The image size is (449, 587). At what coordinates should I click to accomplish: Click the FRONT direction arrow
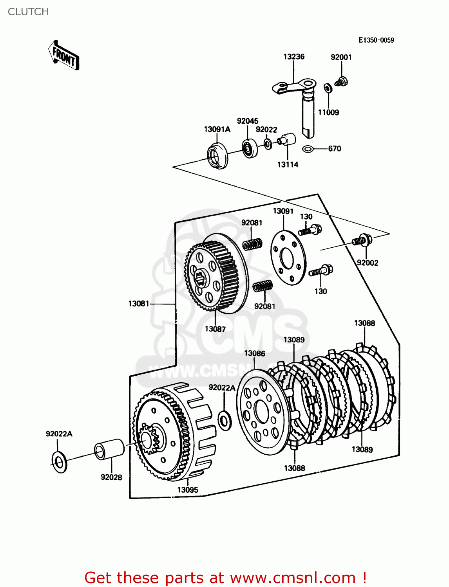click(64, 56)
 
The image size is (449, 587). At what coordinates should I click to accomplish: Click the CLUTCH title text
click(28, 12)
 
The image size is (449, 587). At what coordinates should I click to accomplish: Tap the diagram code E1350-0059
click(376, 40)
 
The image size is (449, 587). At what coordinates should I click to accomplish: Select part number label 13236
click(294, 57)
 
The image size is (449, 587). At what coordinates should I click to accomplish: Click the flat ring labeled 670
click(308, 149)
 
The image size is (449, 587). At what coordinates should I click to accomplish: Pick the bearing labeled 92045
click(249, 148)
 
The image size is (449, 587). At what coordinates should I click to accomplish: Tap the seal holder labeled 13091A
click(217, 155)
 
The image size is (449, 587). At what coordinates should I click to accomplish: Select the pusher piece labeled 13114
click(288, 139)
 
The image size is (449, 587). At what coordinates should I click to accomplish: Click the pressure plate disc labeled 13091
click(288, 258)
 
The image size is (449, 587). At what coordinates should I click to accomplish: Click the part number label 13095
click(188, 490)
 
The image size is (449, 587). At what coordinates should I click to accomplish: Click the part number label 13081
click(139, 304)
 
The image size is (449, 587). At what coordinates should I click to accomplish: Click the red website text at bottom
click(225, 578)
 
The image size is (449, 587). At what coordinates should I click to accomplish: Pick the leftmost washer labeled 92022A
click(59, 462)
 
